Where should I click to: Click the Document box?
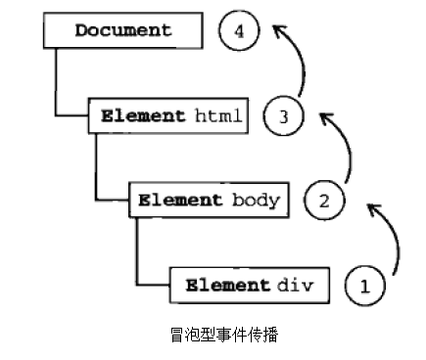[123, 30]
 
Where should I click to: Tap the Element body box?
[209, 200]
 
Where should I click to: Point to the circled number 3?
[283, 117]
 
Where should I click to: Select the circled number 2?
[325, 202]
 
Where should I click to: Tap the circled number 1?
[365, 287]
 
